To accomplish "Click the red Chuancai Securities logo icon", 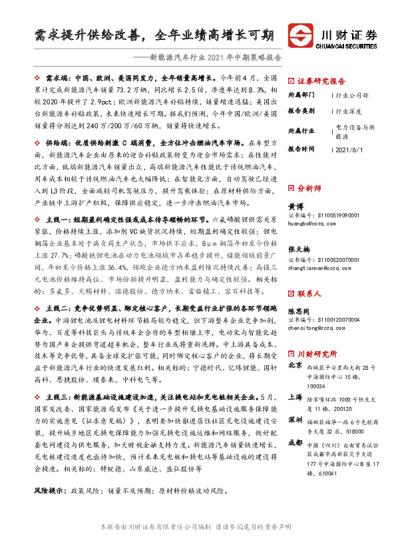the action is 301,35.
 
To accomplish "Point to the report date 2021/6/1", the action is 350,150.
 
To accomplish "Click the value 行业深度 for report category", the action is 349,112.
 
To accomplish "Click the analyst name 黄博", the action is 294,206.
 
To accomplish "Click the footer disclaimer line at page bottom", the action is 198,545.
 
